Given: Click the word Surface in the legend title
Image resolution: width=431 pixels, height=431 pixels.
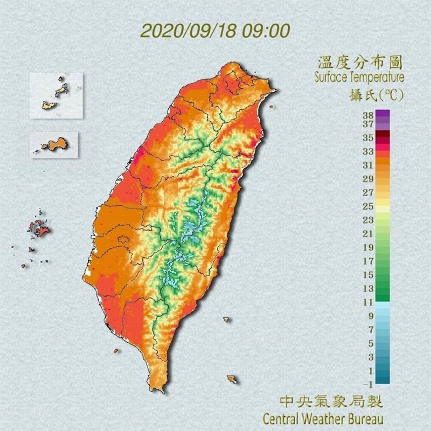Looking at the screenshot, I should point(332,77).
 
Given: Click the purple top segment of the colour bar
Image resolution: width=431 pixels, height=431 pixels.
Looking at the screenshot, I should point(383,114).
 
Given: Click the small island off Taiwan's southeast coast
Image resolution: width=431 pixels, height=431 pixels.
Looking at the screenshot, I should point(232,379).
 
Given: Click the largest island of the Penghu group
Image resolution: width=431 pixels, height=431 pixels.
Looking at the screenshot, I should point(40,230).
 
